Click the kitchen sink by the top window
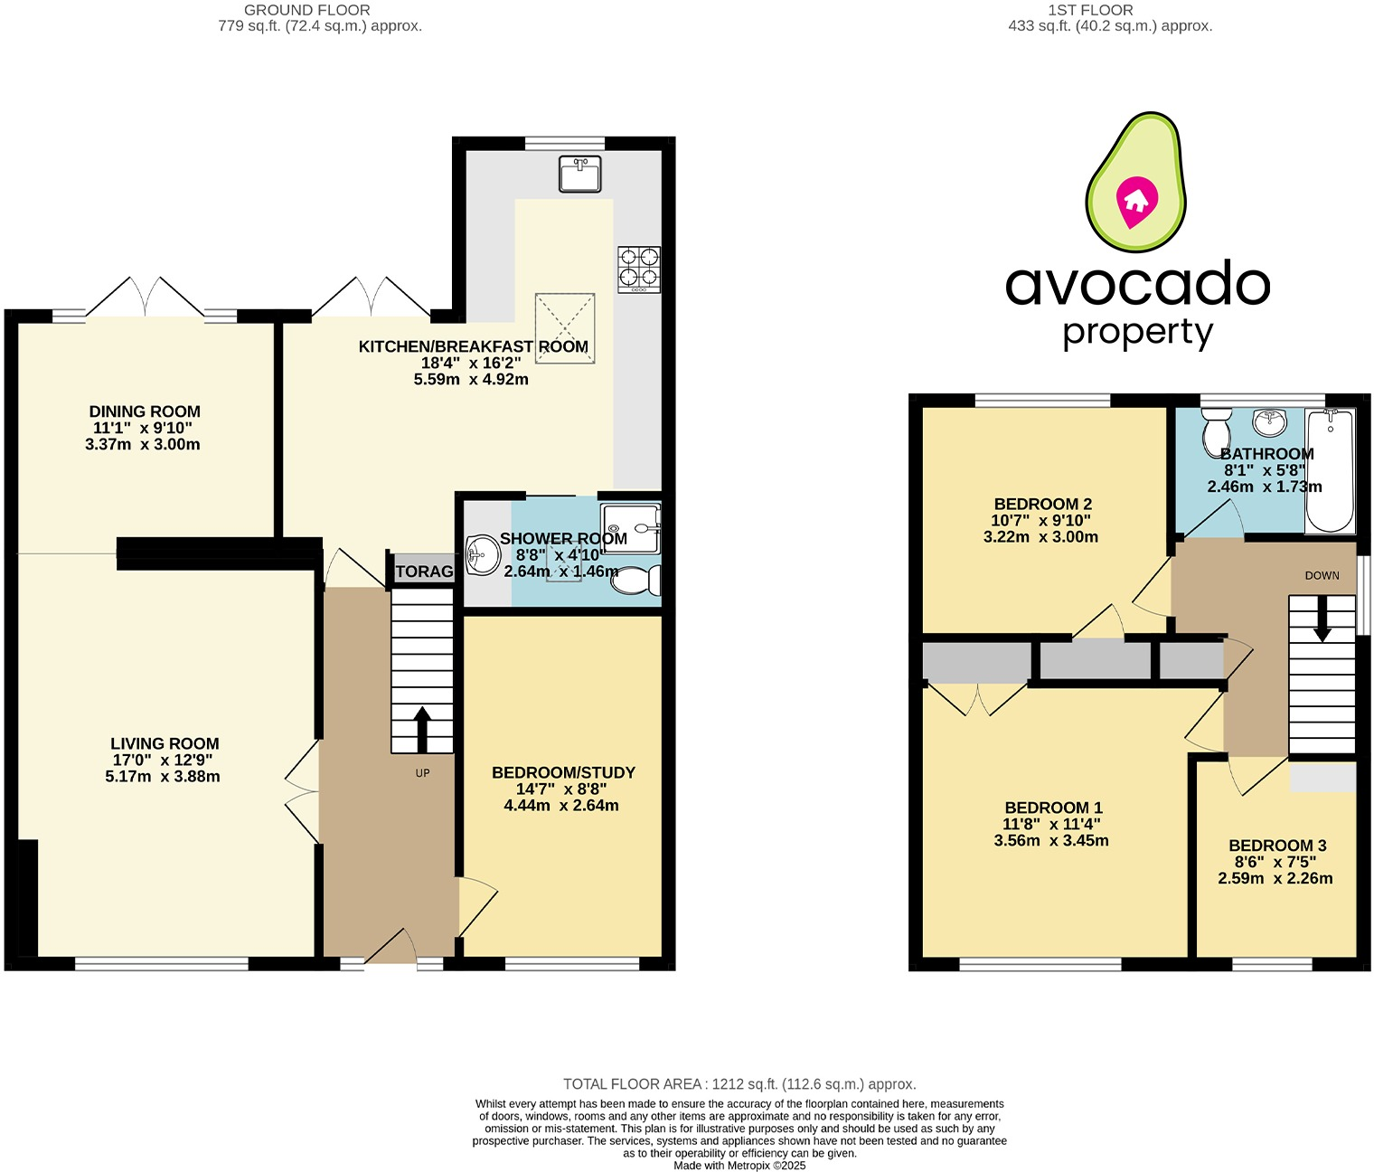(579, 174)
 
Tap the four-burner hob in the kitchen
(638, 269)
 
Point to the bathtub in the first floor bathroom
(1330, 470)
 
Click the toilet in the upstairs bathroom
(1215, 432)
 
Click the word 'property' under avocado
(1137, 333)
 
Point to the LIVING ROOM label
(165, 743)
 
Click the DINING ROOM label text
(145, 411)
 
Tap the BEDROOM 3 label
(1277, 846)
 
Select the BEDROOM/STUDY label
(563, 772)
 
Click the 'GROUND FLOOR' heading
(306, 10)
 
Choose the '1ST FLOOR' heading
(1090, 10)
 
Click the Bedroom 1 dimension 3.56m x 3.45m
(1051, 840)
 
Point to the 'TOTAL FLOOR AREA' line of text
(739, 1083)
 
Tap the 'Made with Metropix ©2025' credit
(739, 1166)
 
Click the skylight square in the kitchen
(565, 327)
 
